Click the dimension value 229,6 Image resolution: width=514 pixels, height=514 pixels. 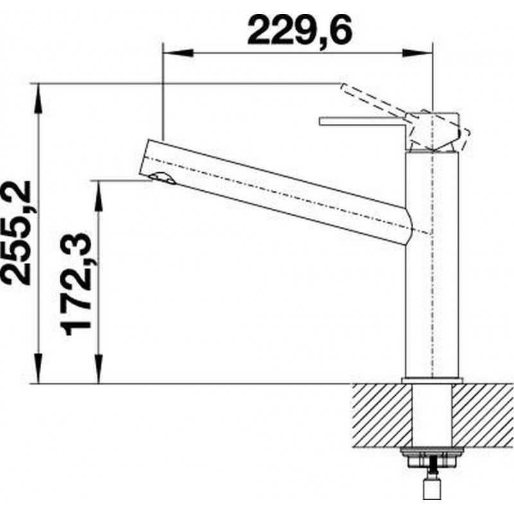(x=299, y=30)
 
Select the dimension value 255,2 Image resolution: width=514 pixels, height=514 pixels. (x=17, y=233)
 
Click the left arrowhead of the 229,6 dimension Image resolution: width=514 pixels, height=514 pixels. (x=178, y=53)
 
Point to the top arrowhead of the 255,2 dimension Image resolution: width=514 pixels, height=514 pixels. (x=39, y=99)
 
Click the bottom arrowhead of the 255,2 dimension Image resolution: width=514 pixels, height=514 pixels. (x=39, y=368)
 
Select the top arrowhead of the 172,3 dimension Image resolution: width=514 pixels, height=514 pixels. (x=98, y=195)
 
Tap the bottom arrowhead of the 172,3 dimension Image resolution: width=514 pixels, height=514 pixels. (x=98, y=368)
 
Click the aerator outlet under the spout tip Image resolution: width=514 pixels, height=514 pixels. (x=163, y=179)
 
